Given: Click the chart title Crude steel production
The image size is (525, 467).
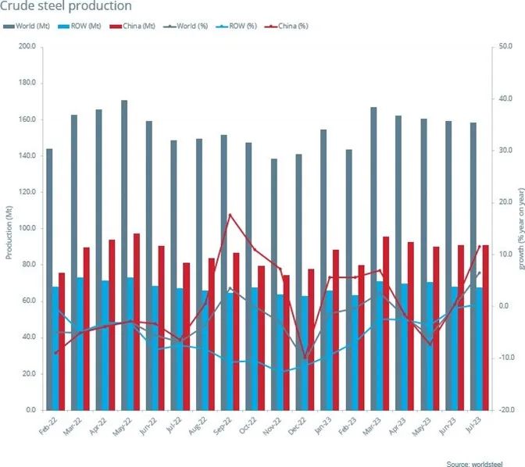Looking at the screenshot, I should click(66, 7).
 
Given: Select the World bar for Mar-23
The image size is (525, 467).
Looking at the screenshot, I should click(373, 258).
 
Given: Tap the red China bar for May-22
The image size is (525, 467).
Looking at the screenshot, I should click(137, 321).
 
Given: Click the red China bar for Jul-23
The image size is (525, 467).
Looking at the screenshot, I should click(485, 327).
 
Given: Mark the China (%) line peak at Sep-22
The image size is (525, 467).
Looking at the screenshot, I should click(230, 215).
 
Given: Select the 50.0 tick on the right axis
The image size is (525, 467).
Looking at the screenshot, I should click(506, 47).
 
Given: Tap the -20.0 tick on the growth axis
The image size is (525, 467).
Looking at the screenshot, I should click(506, 410).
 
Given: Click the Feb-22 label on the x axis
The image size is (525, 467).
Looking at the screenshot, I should click(48, 426).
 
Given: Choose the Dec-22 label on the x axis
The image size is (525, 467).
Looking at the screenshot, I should click(297, 426).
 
